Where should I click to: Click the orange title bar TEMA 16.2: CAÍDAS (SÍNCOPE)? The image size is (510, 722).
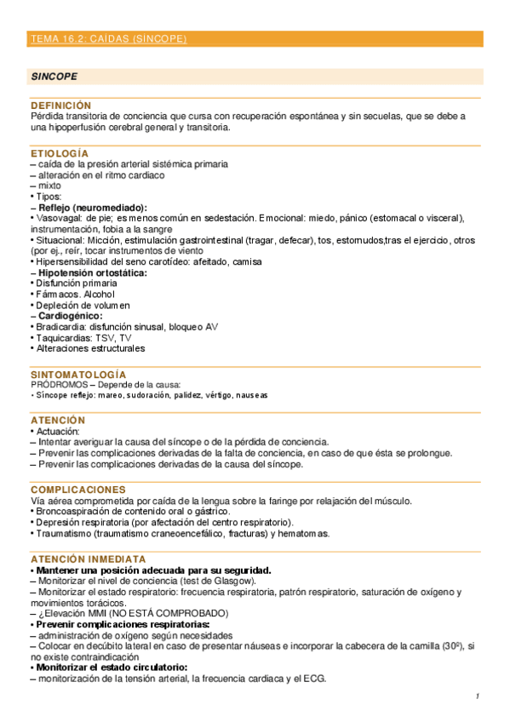[108, 39]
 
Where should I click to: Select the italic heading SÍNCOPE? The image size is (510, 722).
[54, 76]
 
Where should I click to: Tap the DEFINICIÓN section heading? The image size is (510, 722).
[60, 105]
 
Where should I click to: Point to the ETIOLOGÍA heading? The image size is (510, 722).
[59, 152]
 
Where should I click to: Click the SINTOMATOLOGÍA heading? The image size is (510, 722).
[78, 375]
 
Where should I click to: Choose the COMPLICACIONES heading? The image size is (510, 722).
[78, 490]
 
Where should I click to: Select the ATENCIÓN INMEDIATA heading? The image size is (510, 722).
[89, 559]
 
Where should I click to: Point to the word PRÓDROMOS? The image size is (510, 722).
[60, 385]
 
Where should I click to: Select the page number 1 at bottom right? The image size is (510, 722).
[478, 697]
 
